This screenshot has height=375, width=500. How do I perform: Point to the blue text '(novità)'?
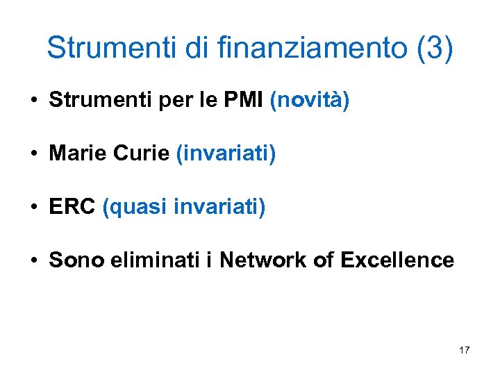coord(310,101)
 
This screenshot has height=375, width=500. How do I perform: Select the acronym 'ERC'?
coord(72,207)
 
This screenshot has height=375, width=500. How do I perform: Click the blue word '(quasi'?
coord(135,208)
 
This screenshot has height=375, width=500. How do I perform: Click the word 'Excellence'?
coord(398,260)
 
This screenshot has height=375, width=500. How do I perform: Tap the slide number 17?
coord(464,350)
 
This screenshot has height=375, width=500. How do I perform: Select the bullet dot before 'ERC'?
coord(33,208)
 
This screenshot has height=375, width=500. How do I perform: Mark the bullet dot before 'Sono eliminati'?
coord(33,261)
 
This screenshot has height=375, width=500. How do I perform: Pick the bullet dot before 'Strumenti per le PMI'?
coord(33,101)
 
